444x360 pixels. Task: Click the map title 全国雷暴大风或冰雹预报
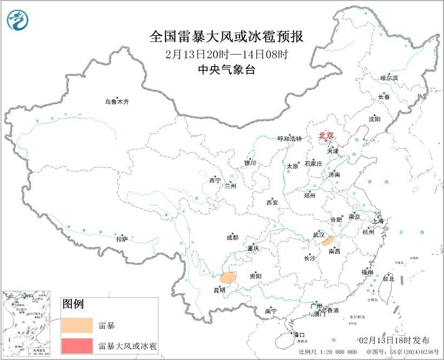[x=226, y=37]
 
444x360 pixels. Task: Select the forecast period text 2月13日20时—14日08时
[x=227, y=54]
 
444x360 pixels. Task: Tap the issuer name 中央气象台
[x=226, y=69]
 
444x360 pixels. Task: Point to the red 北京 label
[x=326, y=135]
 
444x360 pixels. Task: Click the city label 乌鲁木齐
[x=117, y=101]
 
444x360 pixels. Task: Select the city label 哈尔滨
[x=389, y=78]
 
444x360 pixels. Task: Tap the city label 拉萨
[x=122, y=238]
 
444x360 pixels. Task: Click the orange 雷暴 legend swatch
[x=77, y=326]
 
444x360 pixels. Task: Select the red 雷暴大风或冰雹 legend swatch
[x=77, y=345]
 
